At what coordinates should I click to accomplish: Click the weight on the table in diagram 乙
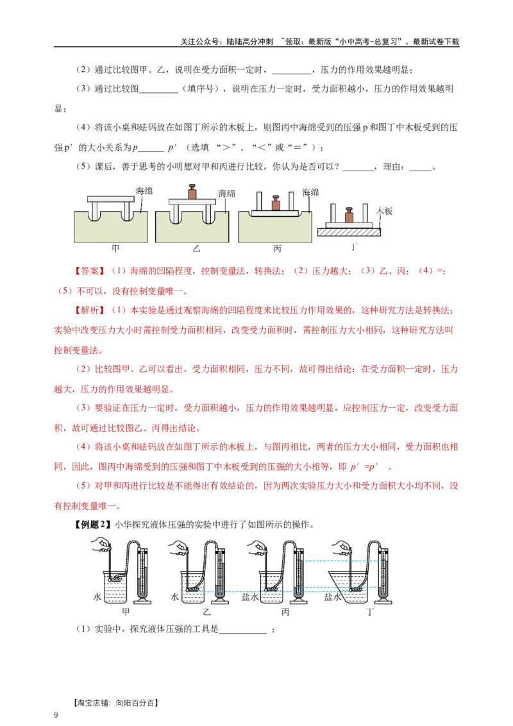tap(190, 192)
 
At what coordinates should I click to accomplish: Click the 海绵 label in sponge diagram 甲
tap(144, 190)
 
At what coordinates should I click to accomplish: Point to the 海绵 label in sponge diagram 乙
tap(226, 193)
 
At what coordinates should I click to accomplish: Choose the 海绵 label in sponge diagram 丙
tap(310, 192)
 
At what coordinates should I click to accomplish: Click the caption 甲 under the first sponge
tap(115, 248)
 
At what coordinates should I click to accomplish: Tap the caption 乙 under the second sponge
tap(194, 248)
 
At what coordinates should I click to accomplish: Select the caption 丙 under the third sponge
tap(277, 248)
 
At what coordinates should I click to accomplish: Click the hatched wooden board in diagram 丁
tap(350, 233)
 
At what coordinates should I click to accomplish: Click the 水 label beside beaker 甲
tap(97, 596)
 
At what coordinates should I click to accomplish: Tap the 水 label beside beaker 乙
tap(174, 596)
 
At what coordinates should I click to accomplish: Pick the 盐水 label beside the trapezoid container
tap(332, 596)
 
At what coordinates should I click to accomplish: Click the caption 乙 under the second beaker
tap(206, 612)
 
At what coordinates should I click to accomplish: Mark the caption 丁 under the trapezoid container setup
tap(371, 612)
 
